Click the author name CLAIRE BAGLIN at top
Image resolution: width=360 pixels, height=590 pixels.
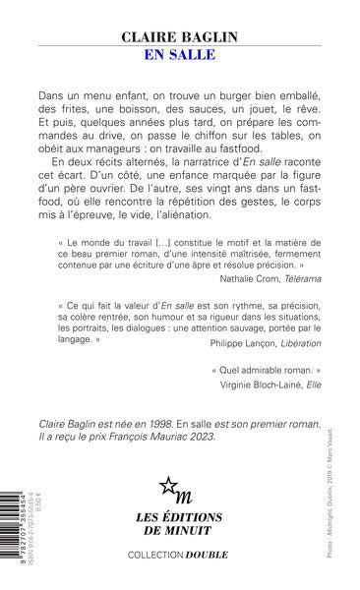pos(179,36)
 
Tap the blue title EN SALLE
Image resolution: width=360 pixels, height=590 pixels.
pos(180,54)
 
